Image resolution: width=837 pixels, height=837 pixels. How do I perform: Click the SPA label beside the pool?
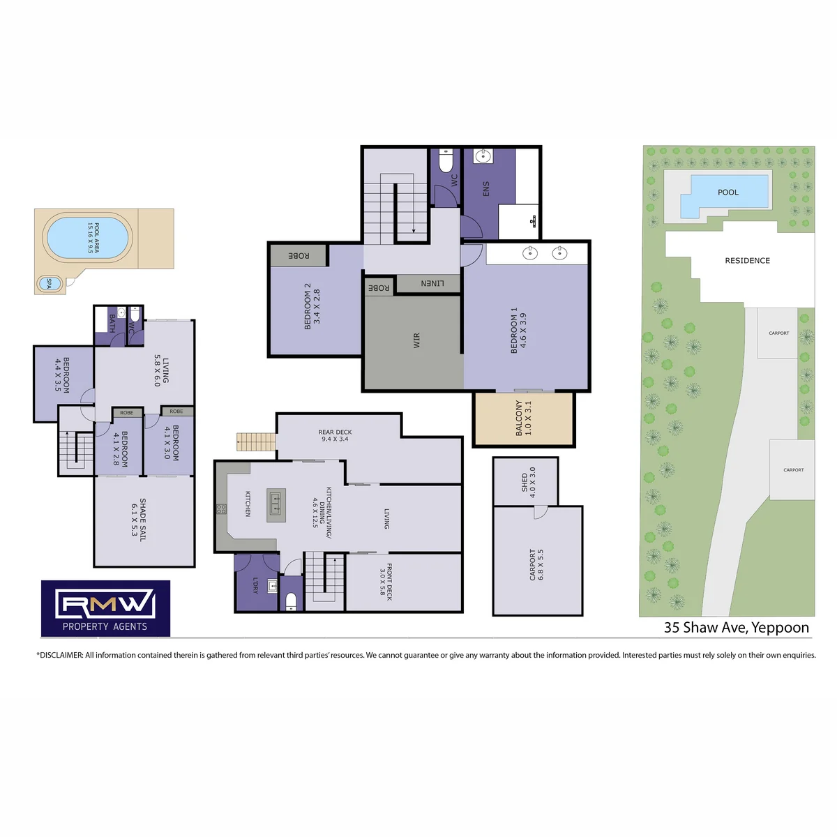[x=49, y=284]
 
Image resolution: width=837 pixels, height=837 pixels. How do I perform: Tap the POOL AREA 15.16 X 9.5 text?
[x=93, y=238]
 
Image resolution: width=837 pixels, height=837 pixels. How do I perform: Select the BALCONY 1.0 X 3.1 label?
[x=523, y=418]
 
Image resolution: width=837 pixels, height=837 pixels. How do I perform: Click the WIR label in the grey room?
[x=416, y=340]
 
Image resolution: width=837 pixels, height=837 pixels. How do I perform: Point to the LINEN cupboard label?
[x=432, y=283]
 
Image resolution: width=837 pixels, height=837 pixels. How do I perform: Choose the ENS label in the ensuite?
[x=486, y=188]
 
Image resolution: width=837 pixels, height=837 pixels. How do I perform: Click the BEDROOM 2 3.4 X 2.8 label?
[x=312, y=306]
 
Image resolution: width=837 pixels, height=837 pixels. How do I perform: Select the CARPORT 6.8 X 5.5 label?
[x=536, y=565]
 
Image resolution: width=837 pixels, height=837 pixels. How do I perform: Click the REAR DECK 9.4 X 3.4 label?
[x=335, y=435]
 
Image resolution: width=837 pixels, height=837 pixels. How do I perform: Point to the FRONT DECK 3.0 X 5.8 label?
[x=386, y=582]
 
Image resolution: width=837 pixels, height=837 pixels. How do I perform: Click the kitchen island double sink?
[x=276, y=504]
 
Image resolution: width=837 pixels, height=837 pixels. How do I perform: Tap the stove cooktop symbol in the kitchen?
[x=221, y=508]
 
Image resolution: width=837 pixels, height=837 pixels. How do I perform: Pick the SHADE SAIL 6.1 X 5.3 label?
[x=138, y=520]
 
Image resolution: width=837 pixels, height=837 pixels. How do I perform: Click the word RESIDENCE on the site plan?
[x=747, y=261]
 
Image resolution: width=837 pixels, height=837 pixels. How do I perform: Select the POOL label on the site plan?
[x=728, y=192]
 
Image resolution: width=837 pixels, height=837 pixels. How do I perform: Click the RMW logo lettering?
[x=105, y=604]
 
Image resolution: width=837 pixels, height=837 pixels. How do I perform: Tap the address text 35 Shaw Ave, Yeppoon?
[x=737, y=627]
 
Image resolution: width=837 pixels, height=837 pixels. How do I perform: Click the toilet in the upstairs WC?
[x=446, y=160]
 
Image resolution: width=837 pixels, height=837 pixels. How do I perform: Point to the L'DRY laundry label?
[x=255, y=585]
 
